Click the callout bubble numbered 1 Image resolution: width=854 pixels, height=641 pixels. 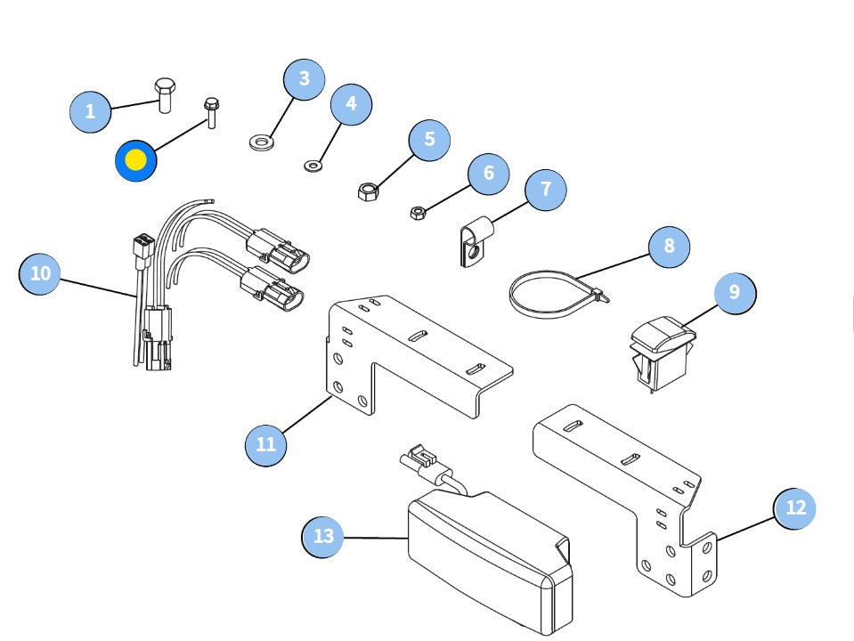pos(90,112)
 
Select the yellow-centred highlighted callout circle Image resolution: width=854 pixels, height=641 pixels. pos(136,160)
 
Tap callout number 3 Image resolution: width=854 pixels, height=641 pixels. pos(305,79)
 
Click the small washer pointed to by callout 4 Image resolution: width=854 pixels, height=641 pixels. pos(313,164)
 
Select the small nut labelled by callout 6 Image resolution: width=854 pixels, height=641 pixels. pos(416,212)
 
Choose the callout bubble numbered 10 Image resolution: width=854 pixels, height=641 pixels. pos(41,273)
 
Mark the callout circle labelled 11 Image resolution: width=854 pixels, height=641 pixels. pos(266,442)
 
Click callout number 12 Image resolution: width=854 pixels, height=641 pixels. pos(795,507)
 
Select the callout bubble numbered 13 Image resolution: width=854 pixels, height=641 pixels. pos(323,536)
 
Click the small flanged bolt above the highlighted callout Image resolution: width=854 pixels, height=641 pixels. pos(211,112)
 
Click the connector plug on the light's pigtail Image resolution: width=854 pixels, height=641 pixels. pos(420,461)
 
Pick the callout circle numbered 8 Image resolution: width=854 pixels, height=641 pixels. pos(669,245)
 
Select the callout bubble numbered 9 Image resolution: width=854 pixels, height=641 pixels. pos(734,292)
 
